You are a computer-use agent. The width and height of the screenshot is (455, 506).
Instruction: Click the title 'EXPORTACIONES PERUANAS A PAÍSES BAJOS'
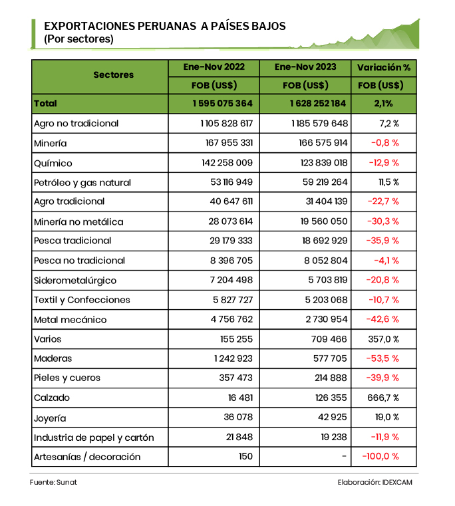point(165,26)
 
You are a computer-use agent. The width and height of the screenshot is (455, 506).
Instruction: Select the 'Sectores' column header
point(113,75)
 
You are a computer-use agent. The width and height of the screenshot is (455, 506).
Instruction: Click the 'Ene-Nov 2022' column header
point(214,67)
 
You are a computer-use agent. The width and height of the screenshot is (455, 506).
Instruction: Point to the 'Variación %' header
point(384,67)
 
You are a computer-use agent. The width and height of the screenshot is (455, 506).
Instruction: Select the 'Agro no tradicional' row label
point(76,123)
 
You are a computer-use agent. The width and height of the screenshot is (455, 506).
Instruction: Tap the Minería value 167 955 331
point(226,143)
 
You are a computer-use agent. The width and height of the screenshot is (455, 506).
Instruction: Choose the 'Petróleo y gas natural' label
point(82,182)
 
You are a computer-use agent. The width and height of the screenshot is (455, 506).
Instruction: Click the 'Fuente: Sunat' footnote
point(53,482)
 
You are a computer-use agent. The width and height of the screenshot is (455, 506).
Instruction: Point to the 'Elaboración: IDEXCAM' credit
point(375,482)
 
